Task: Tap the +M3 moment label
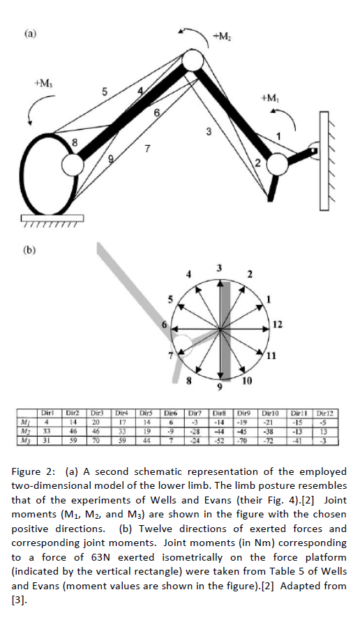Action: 44,84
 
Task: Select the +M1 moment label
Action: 270,98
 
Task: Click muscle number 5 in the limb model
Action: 105,92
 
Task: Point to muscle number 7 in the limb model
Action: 148,149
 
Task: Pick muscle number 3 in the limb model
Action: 209,132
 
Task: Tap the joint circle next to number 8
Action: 73,165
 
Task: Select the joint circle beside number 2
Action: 277,164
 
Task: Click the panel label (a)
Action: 30,34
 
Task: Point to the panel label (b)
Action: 29,250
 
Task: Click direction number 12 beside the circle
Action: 277,324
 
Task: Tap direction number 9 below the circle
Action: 220,387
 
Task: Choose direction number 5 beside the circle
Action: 171,300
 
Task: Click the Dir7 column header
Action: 195,414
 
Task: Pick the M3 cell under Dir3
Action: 96,441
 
